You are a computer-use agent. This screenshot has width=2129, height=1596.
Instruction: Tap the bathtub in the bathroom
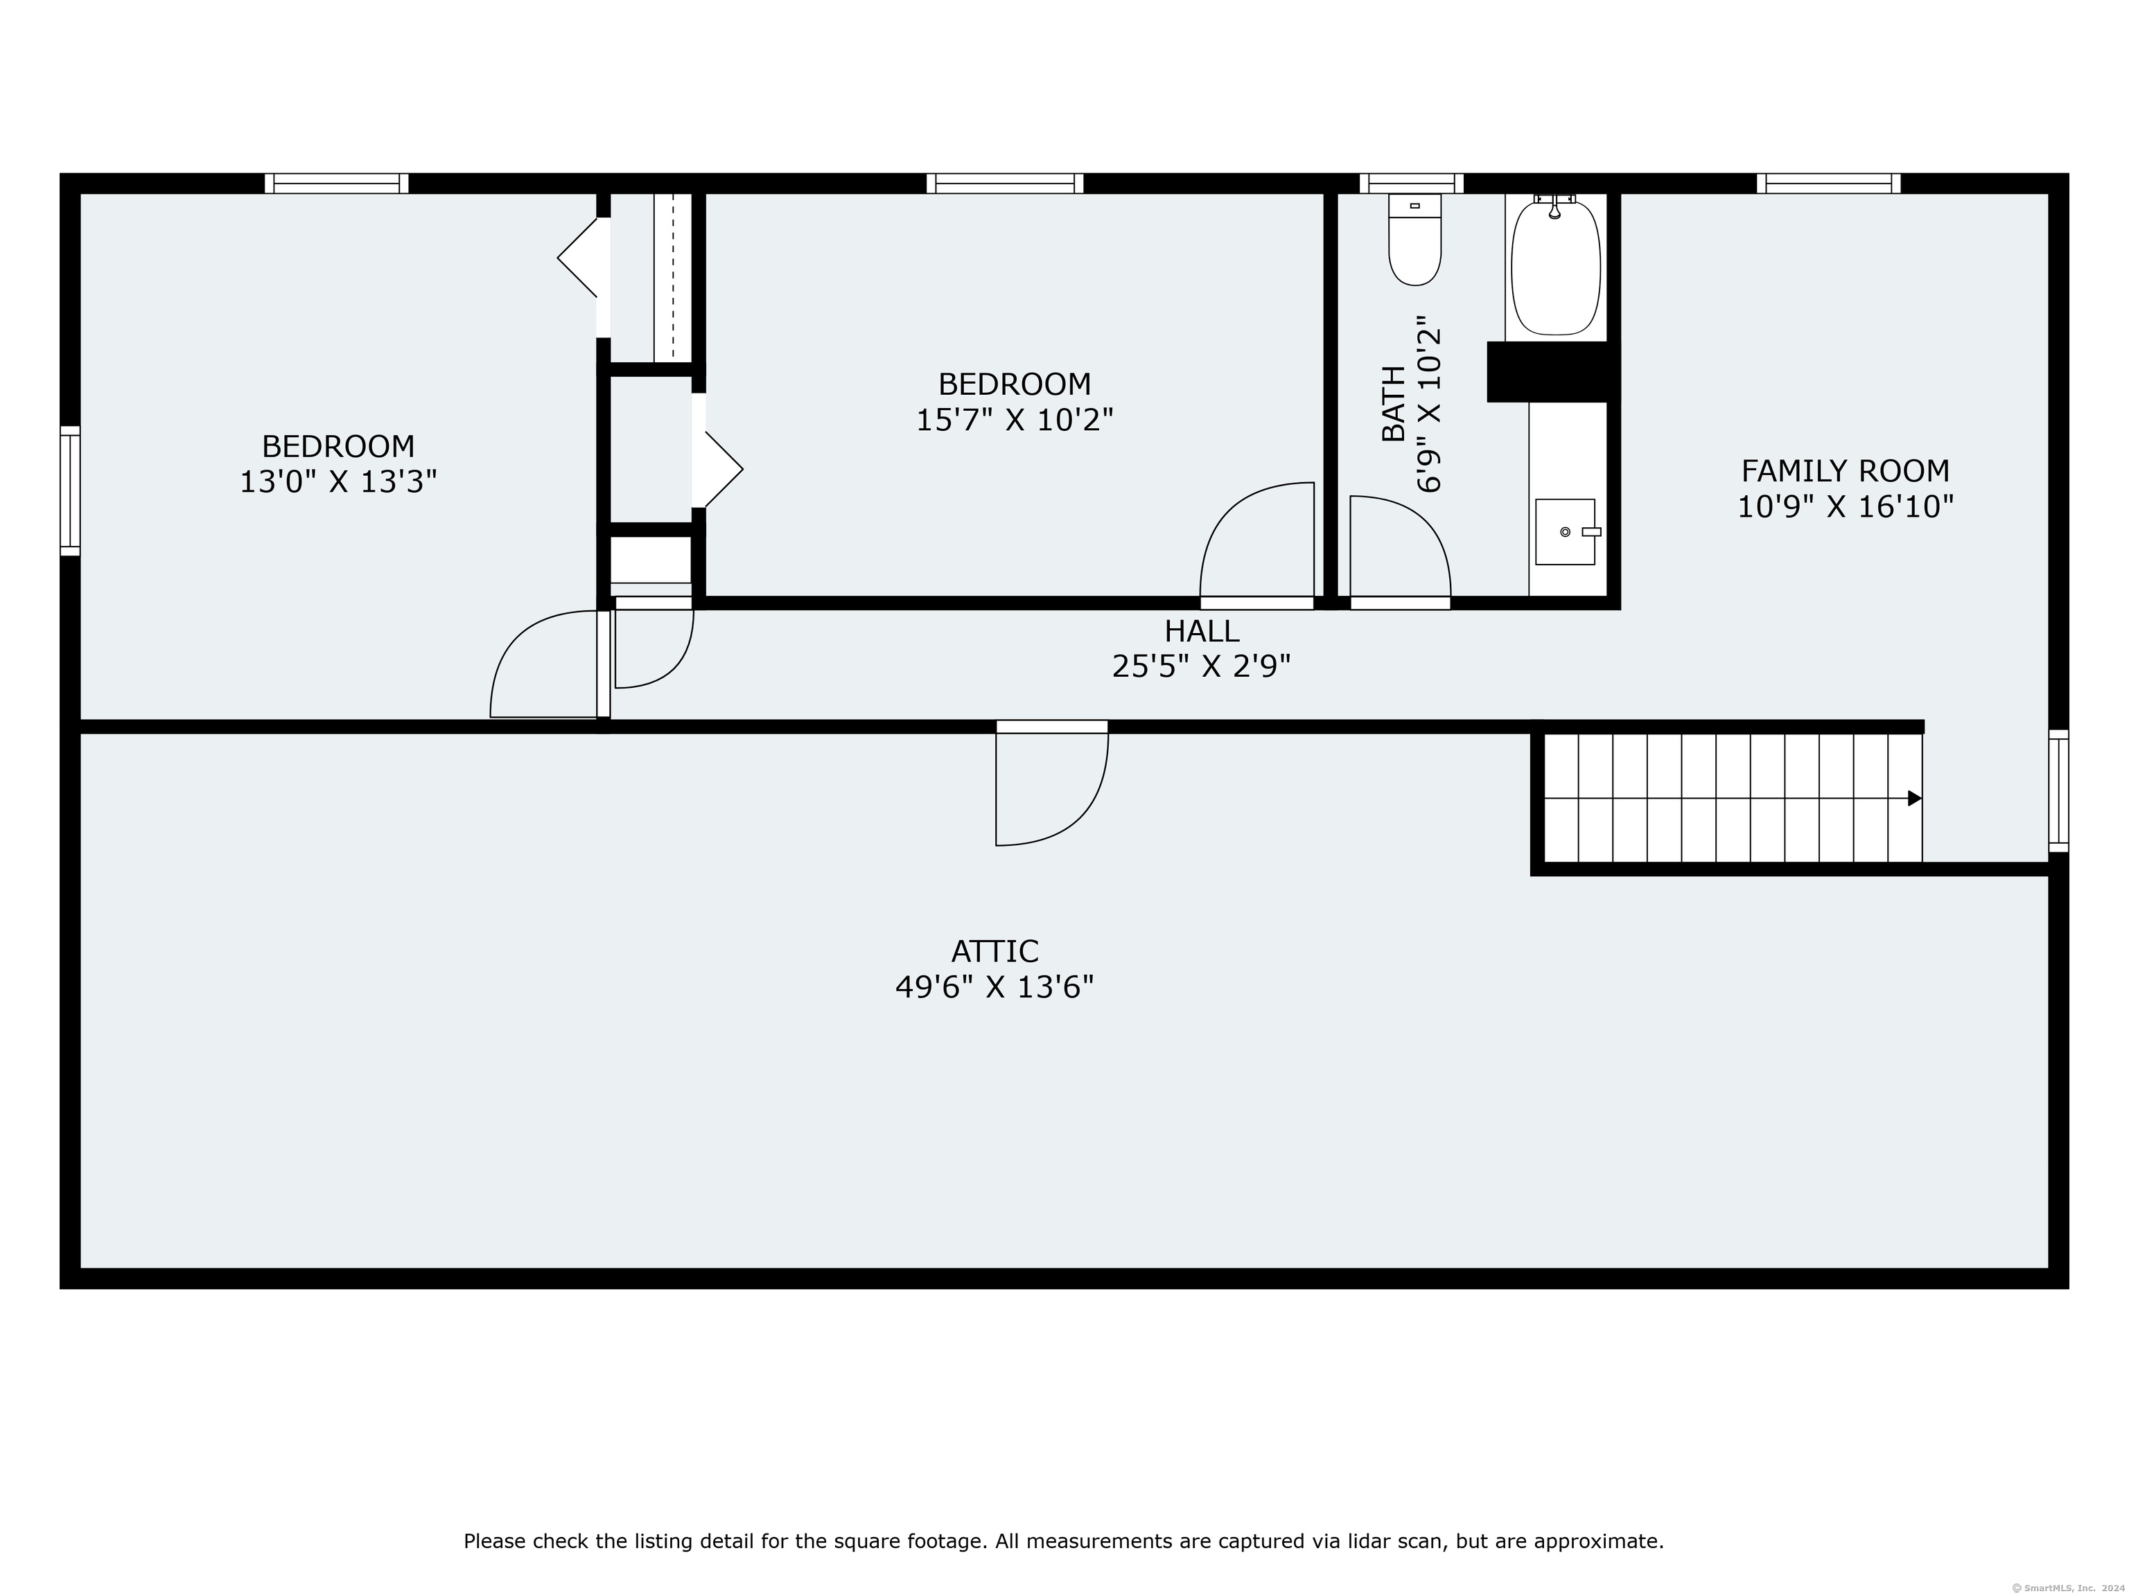tap(1555, 267)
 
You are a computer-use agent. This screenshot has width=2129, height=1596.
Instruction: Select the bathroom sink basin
tap(1564, 531)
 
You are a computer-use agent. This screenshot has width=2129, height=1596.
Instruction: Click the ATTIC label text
tap(995, 952)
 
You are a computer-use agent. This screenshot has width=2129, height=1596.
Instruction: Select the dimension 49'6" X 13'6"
tap(995, 987)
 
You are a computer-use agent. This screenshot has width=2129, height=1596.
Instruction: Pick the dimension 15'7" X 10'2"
tap(1015, 420)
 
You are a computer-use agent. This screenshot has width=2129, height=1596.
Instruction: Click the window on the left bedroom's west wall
tap(70, 490)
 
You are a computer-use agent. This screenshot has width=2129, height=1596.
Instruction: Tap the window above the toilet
tap(1411, 184)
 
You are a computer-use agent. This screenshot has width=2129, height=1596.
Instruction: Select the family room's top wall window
tap(1829, 184)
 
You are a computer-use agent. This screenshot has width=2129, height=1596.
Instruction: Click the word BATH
tap(1393, 403)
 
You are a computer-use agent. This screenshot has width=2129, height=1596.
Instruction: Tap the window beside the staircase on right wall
tap(2059, 791)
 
